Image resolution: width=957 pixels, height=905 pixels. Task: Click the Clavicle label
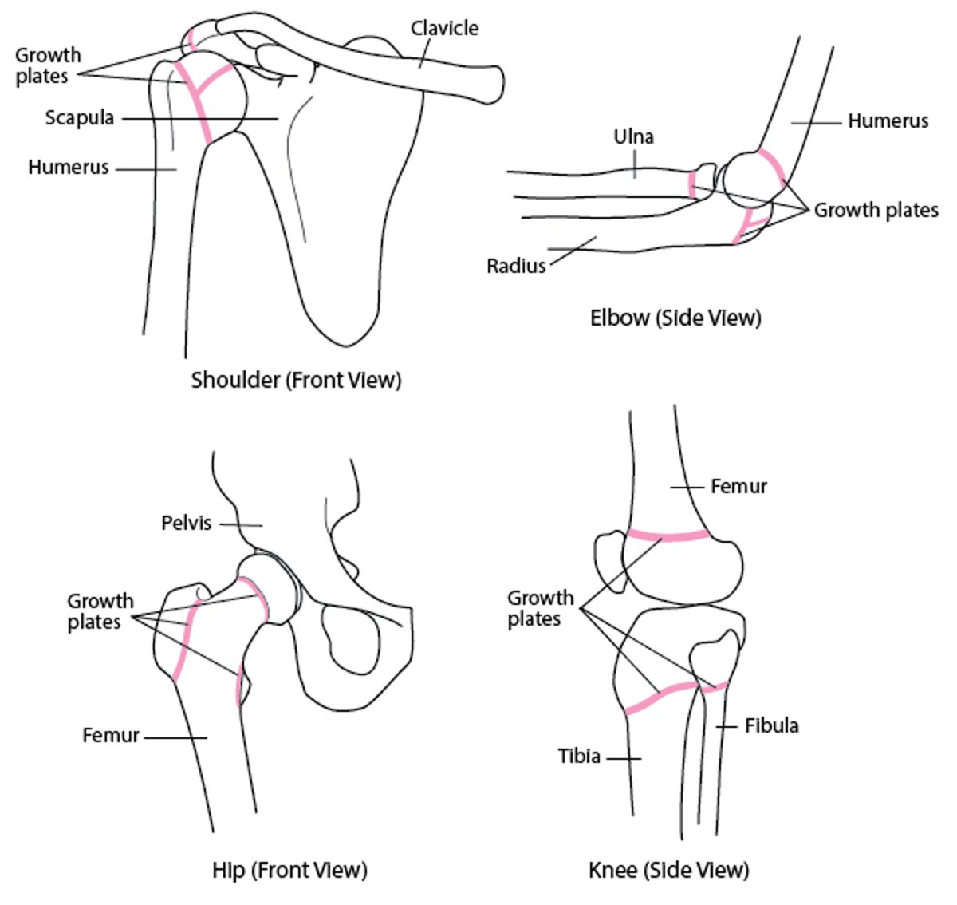(444, 29)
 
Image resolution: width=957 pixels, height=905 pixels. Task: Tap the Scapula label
(80, 118)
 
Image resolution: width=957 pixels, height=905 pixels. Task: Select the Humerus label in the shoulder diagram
(69, 168)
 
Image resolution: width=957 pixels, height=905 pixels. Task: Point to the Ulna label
(633, 136)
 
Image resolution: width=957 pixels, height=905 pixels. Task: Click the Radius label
(516, 266)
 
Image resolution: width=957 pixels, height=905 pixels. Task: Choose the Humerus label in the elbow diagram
(888, 121)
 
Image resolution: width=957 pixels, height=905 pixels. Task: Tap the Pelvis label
(187, 523)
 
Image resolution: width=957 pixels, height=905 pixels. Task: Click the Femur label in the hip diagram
(111, 735)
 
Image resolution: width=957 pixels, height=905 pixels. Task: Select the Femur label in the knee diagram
(738, 486)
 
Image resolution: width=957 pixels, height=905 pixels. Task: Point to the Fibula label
(771, 725)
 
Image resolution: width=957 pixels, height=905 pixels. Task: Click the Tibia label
(579, 756)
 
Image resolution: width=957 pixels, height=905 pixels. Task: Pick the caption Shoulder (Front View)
(296, 380)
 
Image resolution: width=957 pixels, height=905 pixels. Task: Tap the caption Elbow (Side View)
(675, 318)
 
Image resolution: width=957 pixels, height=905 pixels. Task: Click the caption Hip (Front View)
(289, 869)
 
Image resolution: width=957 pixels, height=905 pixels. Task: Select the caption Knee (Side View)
(668, 869)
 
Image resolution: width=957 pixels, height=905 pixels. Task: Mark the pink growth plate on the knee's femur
(668, 535)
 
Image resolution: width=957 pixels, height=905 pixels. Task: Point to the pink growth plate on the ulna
(691, 184)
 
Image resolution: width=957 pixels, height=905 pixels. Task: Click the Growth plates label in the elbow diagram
(876, 210)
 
